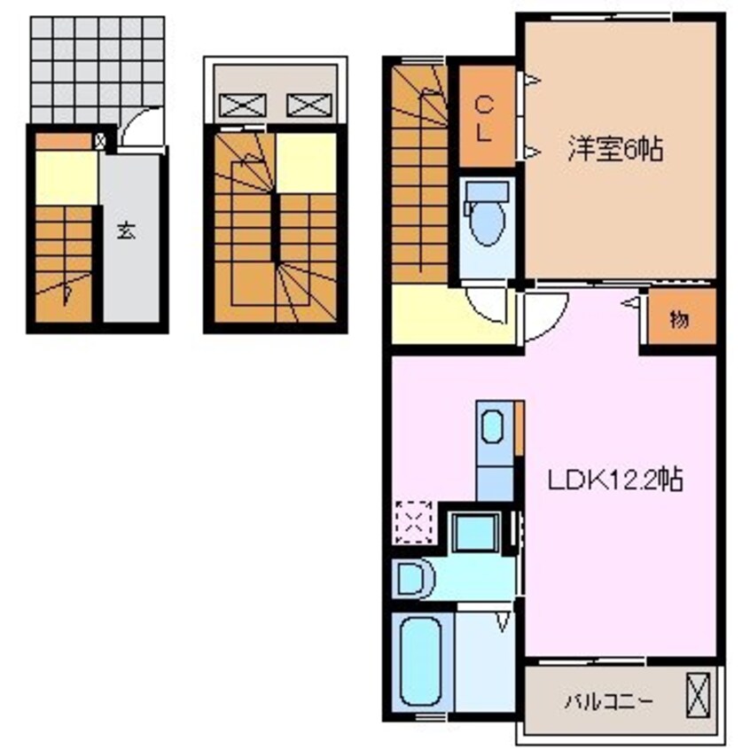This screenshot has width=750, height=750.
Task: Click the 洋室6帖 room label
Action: pos(615,149)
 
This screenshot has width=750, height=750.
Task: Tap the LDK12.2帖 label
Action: pos(615,480)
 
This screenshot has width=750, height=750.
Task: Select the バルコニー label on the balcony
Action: pos(608,702)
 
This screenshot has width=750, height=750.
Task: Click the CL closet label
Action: pos(484,119)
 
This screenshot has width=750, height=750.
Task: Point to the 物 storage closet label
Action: pos(679,319)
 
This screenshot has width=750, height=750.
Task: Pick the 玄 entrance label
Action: pos(126,231)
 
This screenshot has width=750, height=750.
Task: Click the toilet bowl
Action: pos(487,221)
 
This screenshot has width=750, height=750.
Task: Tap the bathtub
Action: pos(421,660)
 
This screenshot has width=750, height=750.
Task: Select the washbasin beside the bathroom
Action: pos(414,579)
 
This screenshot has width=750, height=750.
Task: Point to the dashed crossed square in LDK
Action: pos(413,522)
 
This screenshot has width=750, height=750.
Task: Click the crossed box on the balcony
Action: pos(698,695)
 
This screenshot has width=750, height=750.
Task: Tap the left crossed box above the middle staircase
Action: pos(243,105)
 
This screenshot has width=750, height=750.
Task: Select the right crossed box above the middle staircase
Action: pos(309,105)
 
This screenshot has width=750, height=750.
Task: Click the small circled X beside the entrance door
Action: pos(100,141)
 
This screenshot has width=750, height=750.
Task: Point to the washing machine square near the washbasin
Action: pos(476,532)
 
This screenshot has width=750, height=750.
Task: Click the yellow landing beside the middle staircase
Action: pos(306,163)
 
